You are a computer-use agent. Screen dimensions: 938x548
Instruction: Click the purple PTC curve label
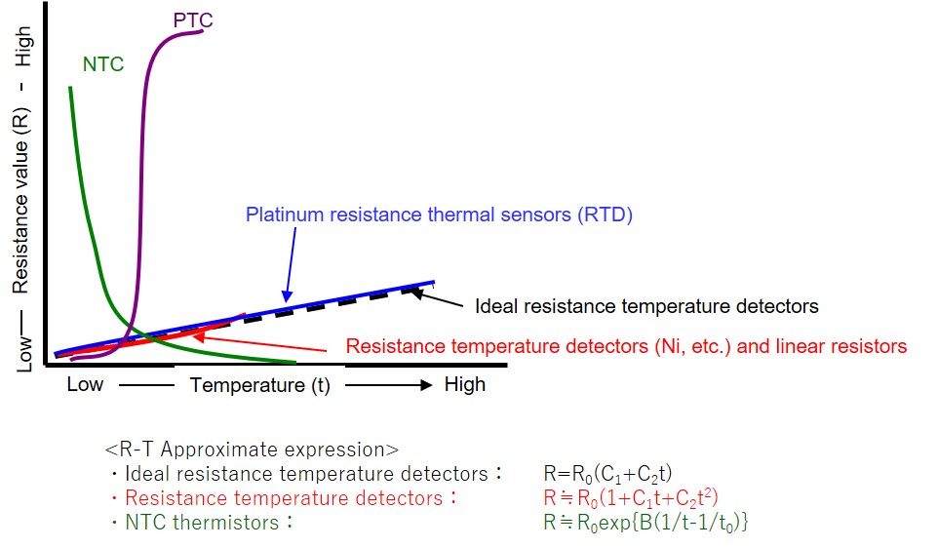[193, 20]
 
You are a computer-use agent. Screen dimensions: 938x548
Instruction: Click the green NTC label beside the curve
[103, 64]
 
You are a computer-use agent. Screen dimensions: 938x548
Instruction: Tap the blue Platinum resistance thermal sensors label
[439, 215]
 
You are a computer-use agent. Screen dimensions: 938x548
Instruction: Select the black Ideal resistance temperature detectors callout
[646, 306]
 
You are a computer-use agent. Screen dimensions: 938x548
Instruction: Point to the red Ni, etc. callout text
[626, 346]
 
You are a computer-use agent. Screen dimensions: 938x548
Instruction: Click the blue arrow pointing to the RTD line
[292, 264]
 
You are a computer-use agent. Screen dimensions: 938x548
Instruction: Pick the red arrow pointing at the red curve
[260, 343]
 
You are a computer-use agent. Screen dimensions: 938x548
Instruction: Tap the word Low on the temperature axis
[85, 384]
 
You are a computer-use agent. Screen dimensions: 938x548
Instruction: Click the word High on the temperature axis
[465, 384]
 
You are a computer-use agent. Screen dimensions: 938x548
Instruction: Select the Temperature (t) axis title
[260, 385]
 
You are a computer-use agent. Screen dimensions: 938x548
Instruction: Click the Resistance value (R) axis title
[20, 201]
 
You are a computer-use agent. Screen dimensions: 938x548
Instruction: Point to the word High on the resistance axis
[22, 46]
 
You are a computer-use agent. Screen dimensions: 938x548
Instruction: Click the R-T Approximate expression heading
[252, 450]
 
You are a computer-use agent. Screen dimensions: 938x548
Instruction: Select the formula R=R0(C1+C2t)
[607, 474]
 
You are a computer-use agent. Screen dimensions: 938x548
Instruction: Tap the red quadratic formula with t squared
[631, 497]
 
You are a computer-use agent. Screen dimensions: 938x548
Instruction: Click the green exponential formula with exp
[646, 523]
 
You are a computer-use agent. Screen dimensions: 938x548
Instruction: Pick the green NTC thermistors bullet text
[202, 523]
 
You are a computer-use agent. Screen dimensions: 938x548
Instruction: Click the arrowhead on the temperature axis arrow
[426, 385]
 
